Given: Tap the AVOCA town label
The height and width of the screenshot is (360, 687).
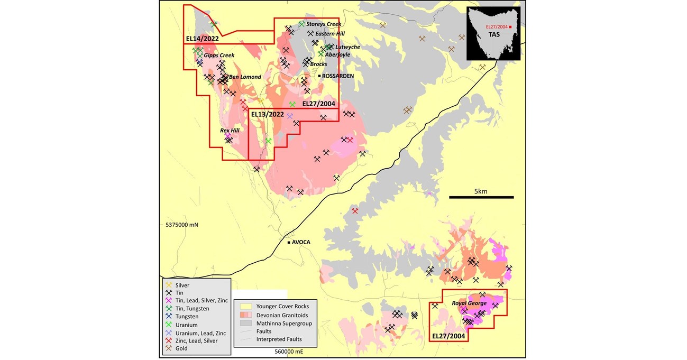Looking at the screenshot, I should point(301,243).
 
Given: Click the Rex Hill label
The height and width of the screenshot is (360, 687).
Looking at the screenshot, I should point(231,130).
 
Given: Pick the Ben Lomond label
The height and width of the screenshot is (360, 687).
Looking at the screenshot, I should point(245,77).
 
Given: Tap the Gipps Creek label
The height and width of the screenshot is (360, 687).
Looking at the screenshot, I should point(219,56).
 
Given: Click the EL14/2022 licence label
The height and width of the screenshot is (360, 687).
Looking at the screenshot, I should point(203,39).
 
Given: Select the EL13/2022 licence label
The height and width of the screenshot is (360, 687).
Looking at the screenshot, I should point(267,114).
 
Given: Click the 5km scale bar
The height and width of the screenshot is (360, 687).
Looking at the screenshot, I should point(481,197).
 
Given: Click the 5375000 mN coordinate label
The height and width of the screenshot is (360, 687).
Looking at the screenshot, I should point(181,225).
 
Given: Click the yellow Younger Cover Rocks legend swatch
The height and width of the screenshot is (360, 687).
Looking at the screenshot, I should point(245,306).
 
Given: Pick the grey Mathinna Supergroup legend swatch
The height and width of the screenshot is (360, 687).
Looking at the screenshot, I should point(245,323).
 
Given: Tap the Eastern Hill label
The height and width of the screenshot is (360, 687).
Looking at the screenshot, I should point(329,33).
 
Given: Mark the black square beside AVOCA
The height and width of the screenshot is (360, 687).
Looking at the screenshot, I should point(289,243).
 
